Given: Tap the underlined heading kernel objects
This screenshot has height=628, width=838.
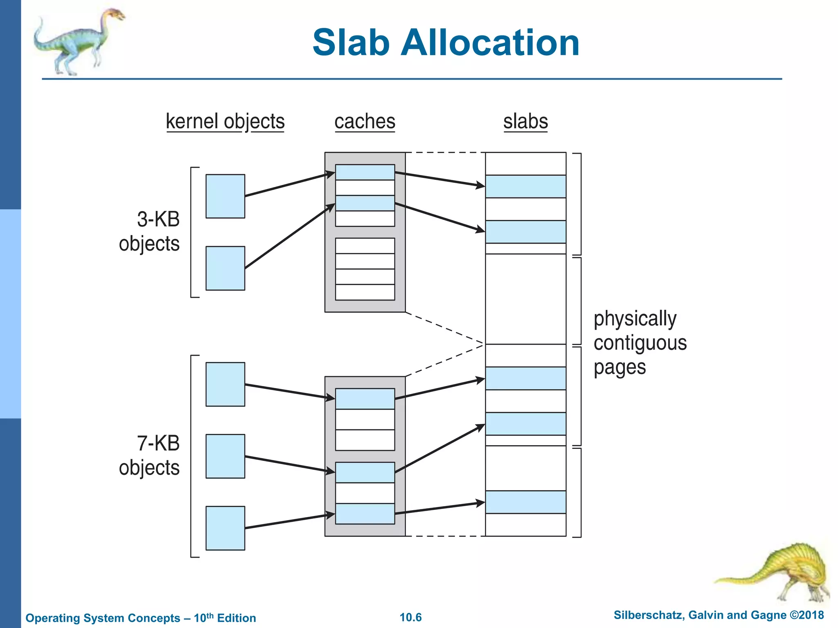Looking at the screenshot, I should [x=225, y=121].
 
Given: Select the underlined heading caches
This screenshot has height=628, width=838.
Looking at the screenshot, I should [x=365, y=121].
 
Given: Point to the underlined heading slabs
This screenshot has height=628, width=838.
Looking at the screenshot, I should [x=525, y=121].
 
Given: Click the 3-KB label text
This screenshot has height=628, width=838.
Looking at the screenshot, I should [x=158, y=219].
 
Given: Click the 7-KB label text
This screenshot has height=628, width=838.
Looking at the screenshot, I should [x=158, y=443].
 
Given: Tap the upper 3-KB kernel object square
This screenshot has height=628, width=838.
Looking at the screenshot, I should [x=225, y=196].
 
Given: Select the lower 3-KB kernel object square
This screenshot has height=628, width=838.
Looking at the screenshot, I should [x=225, y=268].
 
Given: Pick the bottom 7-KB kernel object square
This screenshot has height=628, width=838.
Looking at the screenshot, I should [x=225, y=528].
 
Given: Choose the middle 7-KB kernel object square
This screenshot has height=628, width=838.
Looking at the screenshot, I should [x=225, y=456].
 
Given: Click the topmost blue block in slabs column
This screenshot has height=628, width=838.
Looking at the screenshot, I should [x=525, y=186].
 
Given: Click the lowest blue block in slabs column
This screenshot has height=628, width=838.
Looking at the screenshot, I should [x=525, y=502].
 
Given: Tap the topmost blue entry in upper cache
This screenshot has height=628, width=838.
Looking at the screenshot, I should [x=365, y=172].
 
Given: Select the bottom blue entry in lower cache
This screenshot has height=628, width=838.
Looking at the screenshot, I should [x=365, y=514].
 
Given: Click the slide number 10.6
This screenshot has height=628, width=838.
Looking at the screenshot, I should [x=410, y=617].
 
